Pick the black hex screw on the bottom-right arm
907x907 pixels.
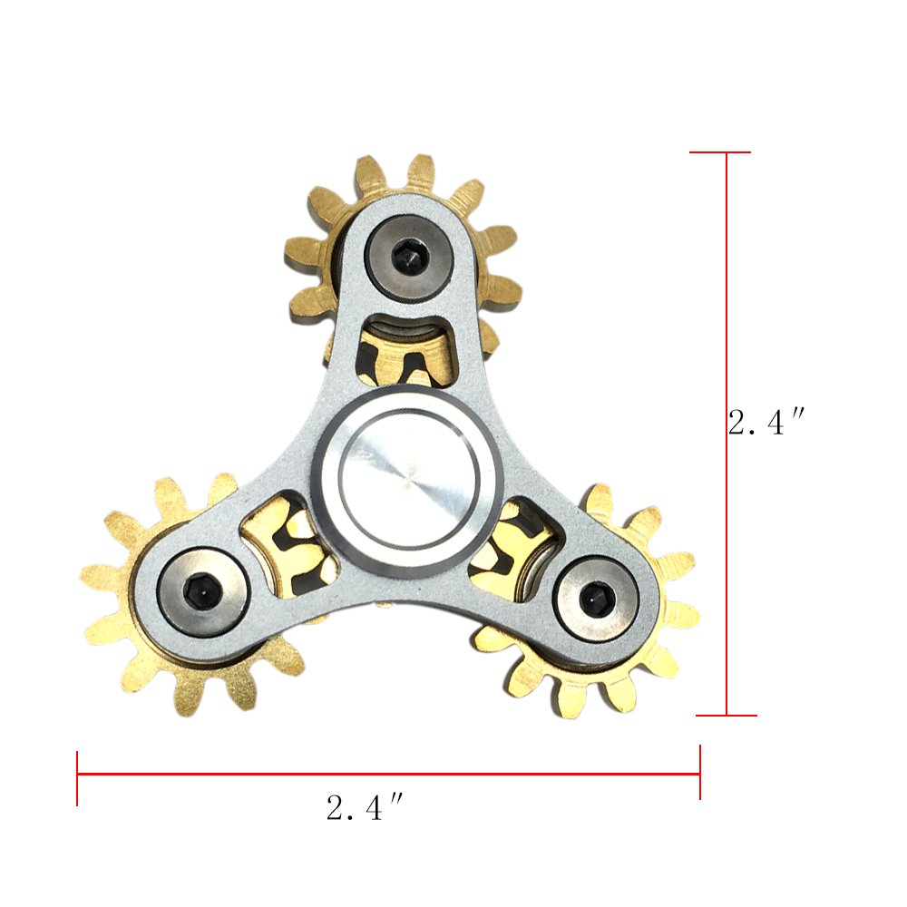(x=596, y=599)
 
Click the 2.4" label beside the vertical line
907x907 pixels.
(x=766, y=423)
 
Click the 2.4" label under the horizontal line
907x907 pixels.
(x=364, y=807)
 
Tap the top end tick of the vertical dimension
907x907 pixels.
(x=721, y=152)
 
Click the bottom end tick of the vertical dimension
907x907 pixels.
(x=727, y=716)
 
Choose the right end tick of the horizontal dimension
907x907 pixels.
(x=700, y=772)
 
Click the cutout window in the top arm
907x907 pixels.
(x=406, y=349)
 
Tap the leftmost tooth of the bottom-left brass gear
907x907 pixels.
(x=95, y=576)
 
